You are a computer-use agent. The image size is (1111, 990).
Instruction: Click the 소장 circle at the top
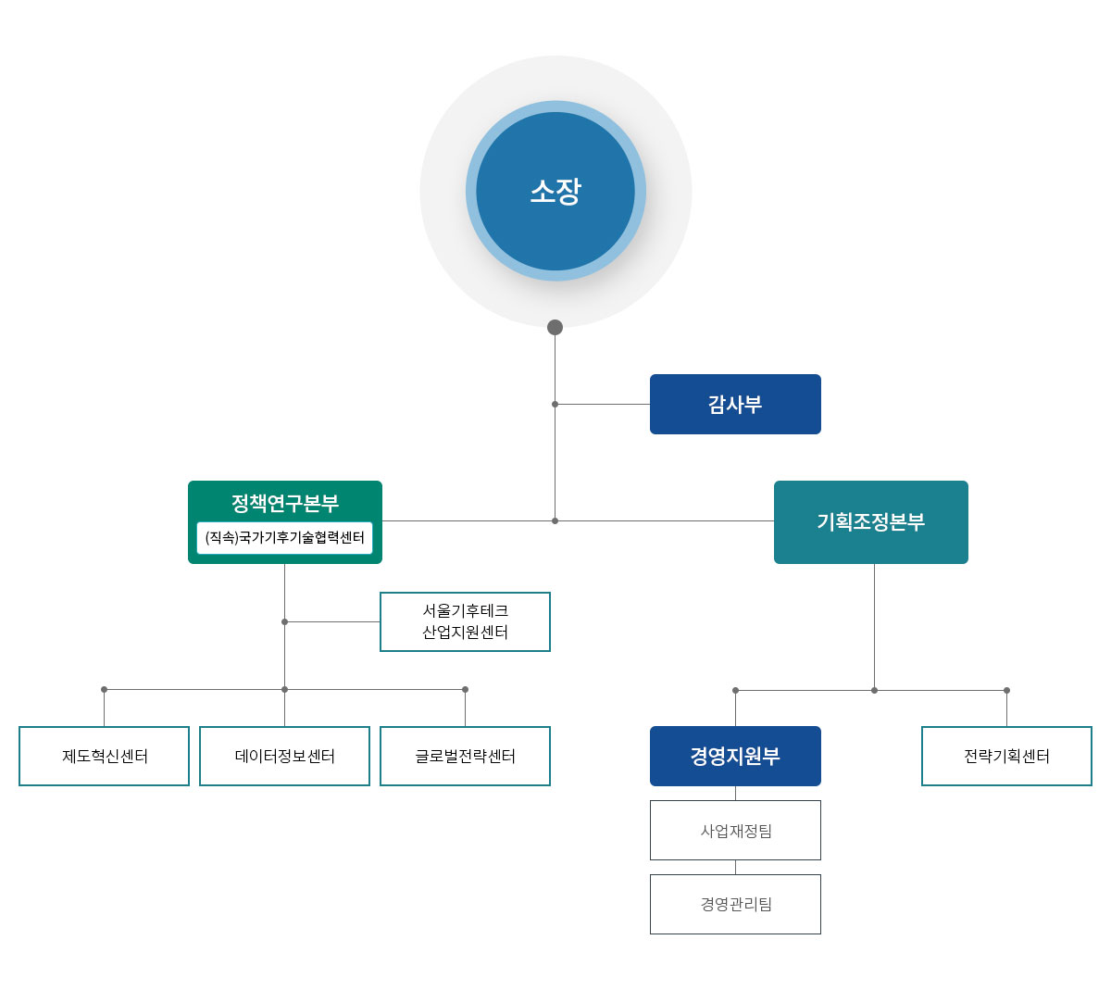click(555, 191)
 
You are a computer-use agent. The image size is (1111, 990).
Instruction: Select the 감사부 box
click(735, 404)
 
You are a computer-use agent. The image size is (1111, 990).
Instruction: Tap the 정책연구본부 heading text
click(285, 503)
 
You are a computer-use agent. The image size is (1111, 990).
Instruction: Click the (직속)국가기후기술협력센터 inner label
click(285, 538)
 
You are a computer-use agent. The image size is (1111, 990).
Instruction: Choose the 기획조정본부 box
click(870, 522)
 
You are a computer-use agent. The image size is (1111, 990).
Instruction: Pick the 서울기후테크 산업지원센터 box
click(465, 621)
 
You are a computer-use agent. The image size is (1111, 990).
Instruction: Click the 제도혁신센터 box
click(104, 756)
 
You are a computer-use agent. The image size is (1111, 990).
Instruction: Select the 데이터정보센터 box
click(284, 756)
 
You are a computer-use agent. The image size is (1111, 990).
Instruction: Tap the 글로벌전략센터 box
click(465, 756)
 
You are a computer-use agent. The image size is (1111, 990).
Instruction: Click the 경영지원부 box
click(735, 756)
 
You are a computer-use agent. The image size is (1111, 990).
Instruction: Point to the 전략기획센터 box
click(1006, 756)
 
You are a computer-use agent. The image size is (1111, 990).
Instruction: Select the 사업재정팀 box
click(735, 831)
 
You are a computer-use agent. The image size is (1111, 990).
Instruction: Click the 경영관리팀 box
click(735, 904)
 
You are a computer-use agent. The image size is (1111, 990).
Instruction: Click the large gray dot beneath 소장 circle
click(555, 327)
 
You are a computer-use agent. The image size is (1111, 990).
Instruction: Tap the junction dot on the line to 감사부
click(555, 404)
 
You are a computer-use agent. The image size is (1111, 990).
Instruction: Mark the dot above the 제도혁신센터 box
click(104, 689)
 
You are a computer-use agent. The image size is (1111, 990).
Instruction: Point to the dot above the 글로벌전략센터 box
click(465, 689)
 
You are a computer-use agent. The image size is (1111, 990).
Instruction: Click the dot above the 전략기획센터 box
click(1006, 690)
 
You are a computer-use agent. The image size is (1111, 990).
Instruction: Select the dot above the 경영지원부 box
click(735, 690)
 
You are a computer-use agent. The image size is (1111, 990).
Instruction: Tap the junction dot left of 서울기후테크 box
click(284, 621)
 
